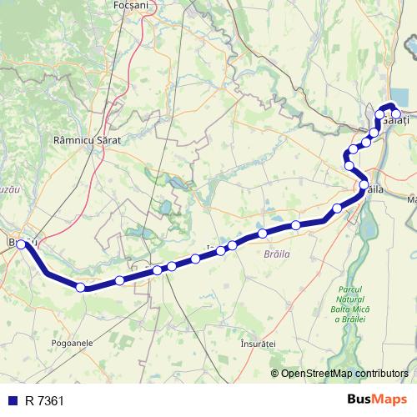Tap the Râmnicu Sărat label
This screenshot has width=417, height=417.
[x=87, y=141]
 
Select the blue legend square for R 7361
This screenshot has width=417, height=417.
[x=12, y=401]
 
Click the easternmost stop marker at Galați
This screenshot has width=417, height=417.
[x=397, y=114]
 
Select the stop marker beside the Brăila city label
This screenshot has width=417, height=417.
[x=364, y=184]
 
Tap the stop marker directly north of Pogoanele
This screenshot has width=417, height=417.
[x=80, y=288]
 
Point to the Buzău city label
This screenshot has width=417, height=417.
[x=18, y=241]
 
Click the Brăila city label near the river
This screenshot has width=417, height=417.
[x=376, y=190]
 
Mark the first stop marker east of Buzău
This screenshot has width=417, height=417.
[x=80, y=288]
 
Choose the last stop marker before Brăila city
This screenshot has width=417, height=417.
[x=337, y=208]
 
